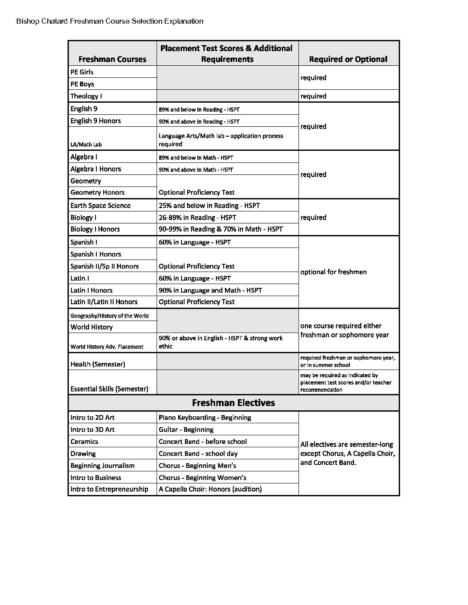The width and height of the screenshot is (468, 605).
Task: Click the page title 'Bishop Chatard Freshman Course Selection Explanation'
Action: pyautogui.click(x=110, y=21)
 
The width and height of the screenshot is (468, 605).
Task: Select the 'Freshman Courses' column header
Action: pyautogui.click(x=112, y=59)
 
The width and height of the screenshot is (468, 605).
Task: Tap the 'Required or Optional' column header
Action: pyautogui.click(x=348, y=59)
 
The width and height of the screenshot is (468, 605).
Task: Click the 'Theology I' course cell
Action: pyautogui.click(x=86, y=96)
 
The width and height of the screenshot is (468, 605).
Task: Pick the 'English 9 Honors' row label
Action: pyautogui.click(x=95, y=121)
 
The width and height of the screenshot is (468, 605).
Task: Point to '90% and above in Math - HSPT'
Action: pyautogui.click(x=196, y=170)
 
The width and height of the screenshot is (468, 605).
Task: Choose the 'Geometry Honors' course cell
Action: pyautogui.click(x=97, y=192)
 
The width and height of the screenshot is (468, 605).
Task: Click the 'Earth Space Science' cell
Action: pyautogui.click(x=100, y=205)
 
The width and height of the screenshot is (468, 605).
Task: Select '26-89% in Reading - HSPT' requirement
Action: pyautogui.click(x=197, y=217)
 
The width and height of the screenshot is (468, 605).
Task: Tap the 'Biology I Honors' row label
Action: pyautogui.click(x=95, y=229)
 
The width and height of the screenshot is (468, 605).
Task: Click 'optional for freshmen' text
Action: pyautogui.click(x=333, y=272)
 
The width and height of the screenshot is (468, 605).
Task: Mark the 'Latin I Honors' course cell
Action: pyautogui.click(x=91, y=290)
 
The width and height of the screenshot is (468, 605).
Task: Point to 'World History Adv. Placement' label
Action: pyautogui.click(x=107, y=347)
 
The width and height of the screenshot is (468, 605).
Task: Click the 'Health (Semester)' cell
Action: pyautogui.click(x=98, y=364)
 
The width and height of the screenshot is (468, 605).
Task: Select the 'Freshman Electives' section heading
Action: pyautogui.click(x=233, y=403)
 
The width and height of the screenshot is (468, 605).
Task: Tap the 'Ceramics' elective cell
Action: pyautogui.click(x=84, y=442)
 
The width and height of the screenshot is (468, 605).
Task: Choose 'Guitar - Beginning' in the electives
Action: pyautogui.click(x=186, y=430)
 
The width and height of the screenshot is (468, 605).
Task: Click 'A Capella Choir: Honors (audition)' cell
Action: pyautogui.click(x=210, y=489)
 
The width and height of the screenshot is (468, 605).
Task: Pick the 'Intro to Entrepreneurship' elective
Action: pyautogui.click(x=109, y=489)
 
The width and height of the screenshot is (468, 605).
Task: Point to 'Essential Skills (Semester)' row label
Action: pyautogui.click(x=109, y=389)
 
